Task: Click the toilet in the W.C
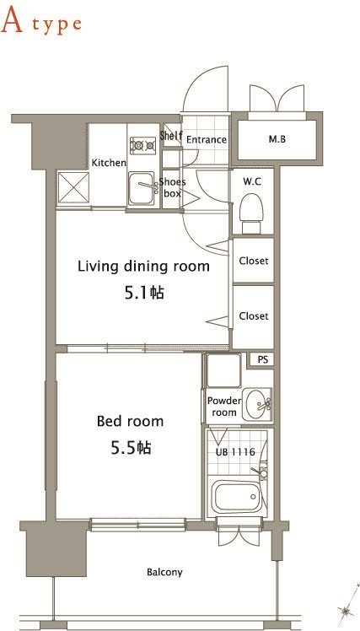(x=251, y=213)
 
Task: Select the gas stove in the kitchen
(x=142, y=145)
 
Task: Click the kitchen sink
(x=142, y=188)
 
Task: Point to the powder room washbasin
(x=257, y=404)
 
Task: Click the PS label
(x=262, y=359)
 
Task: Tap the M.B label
(x=277, y=140)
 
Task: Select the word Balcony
(x=164, y=572)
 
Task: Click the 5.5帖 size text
(x=131, y=447)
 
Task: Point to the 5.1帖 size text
(x=143, y=293)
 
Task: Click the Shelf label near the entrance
(x=171, y=136)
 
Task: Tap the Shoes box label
(x=172, y=187)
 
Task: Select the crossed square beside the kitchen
(x=73, y=187)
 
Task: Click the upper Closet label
(x=254, y=261)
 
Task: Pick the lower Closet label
(x=254, y=315)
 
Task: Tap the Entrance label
(x=207, y=140)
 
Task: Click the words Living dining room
(x=143, y=267)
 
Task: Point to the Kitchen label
(x=109, y=163)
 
